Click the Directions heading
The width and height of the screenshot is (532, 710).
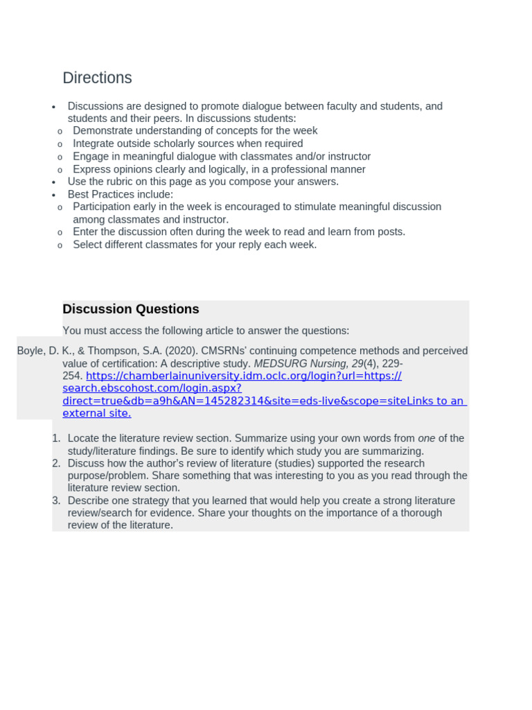[97, 78]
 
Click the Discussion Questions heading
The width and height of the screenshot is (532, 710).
[130, 309]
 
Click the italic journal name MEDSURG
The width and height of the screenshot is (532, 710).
[276, 363]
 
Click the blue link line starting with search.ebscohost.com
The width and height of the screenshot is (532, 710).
[152, 388]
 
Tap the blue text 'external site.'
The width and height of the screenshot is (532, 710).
[96, 413]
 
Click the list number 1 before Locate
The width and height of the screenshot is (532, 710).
[55, 438]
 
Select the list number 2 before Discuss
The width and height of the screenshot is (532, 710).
[55, 463]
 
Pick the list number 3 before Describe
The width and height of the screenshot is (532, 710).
[55, 501]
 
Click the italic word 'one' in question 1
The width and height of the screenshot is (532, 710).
[427, 438]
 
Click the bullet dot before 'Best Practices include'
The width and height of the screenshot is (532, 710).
[53, 195]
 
